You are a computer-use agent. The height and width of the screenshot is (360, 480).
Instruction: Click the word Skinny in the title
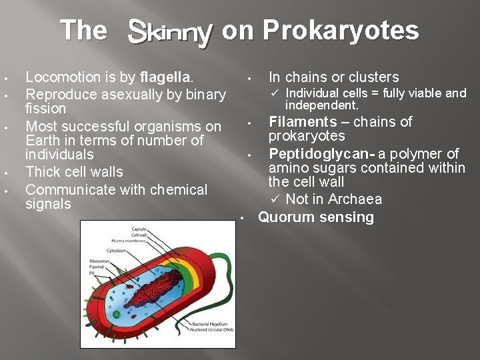pyautogui.click(x=170, y=31)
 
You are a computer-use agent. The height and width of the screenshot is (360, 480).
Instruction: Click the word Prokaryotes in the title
pyautogui.click(x=341, y=31)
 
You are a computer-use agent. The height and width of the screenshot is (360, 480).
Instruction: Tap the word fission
pyautogui.click(x=45, y=108)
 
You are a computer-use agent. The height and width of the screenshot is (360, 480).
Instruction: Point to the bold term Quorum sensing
pyautogui.click(x=316, y=217)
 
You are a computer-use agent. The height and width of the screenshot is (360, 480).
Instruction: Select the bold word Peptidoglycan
pyautogui.click(x=320, y=154)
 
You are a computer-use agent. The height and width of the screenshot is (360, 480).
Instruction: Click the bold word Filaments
pyautogui.click(x=303, y=122)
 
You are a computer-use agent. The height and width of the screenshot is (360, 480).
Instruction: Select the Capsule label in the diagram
pyautogui.click(x=139, y=229)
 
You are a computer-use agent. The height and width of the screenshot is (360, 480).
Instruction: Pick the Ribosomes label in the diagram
pyautogui.click(x=100, y=261)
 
